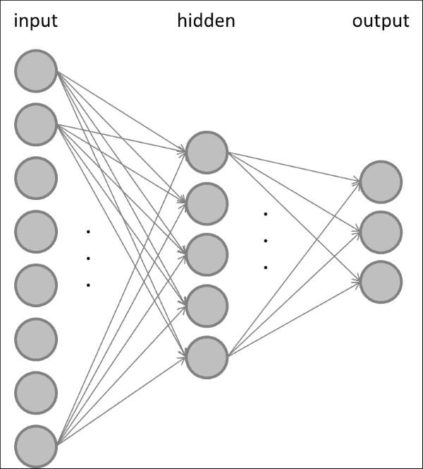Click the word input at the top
[35, 21]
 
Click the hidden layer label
[206, 21]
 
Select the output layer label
[381, 21]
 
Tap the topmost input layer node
[36, 71]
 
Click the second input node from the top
[36, 124]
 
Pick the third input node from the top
[36, 178]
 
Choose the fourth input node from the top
[36, 232]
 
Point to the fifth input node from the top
[36, 285]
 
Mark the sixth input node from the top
[36, 339]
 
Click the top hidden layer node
[207, 151]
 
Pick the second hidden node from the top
[207, 203]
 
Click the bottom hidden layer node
[207, 357]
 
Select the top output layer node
[381, 182]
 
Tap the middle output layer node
[381, 232]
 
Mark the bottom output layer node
[381, 281]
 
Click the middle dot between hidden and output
[266, 241]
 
